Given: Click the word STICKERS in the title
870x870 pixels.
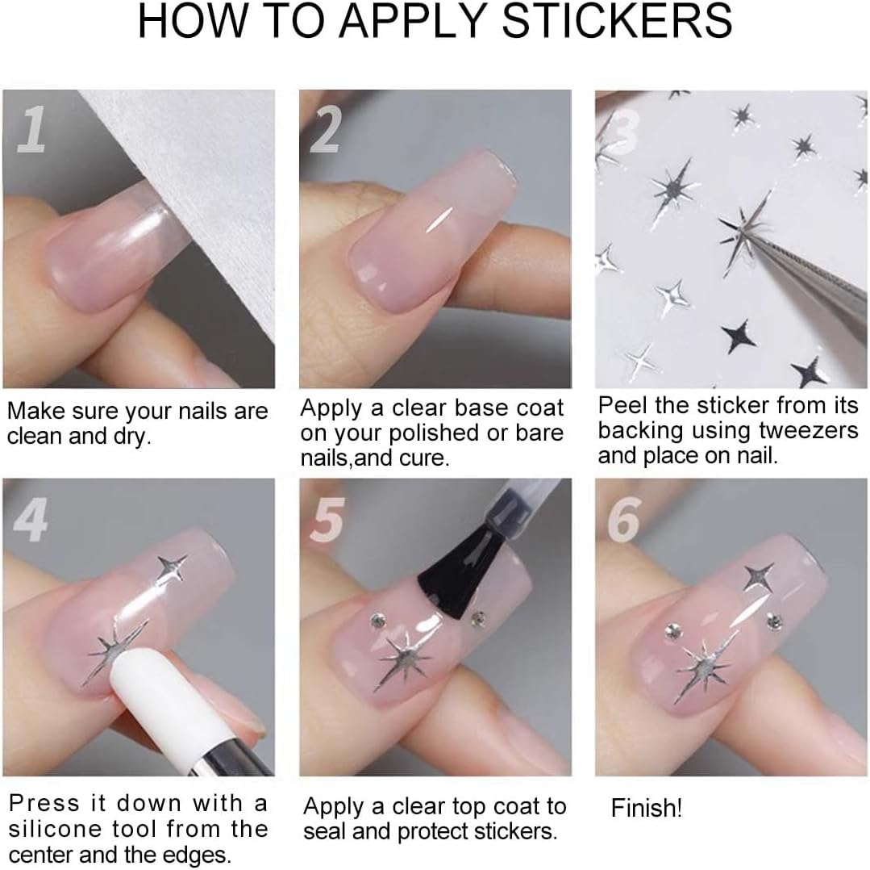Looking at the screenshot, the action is coord(617,22).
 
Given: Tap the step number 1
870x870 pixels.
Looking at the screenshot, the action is coord(31,129).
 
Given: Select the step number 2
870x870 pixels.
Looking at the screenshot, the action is coord(326,129).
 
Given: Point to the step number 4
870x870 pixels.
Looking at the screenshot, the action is coord(31,519).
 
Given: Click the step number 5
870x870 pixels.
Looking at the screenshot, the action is coord(328,520).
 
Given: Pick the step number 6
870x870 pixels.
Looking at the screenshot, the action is coord(624,520).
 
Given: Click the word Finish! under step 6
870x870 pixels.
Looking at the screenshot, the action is coord(647,808).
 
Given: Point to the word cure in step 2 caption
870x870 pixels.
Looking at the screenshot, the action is coord(427,458).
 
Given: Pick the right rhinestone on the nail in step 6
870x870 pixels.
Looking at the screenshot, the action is coord(775,621).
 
